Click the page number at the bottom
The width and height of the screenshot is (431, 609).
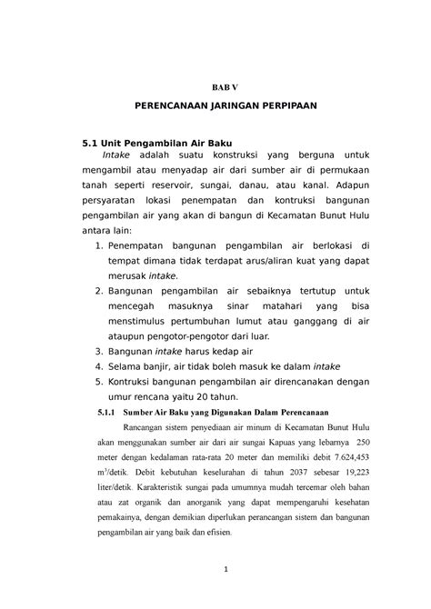click(x=222, y=571)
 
